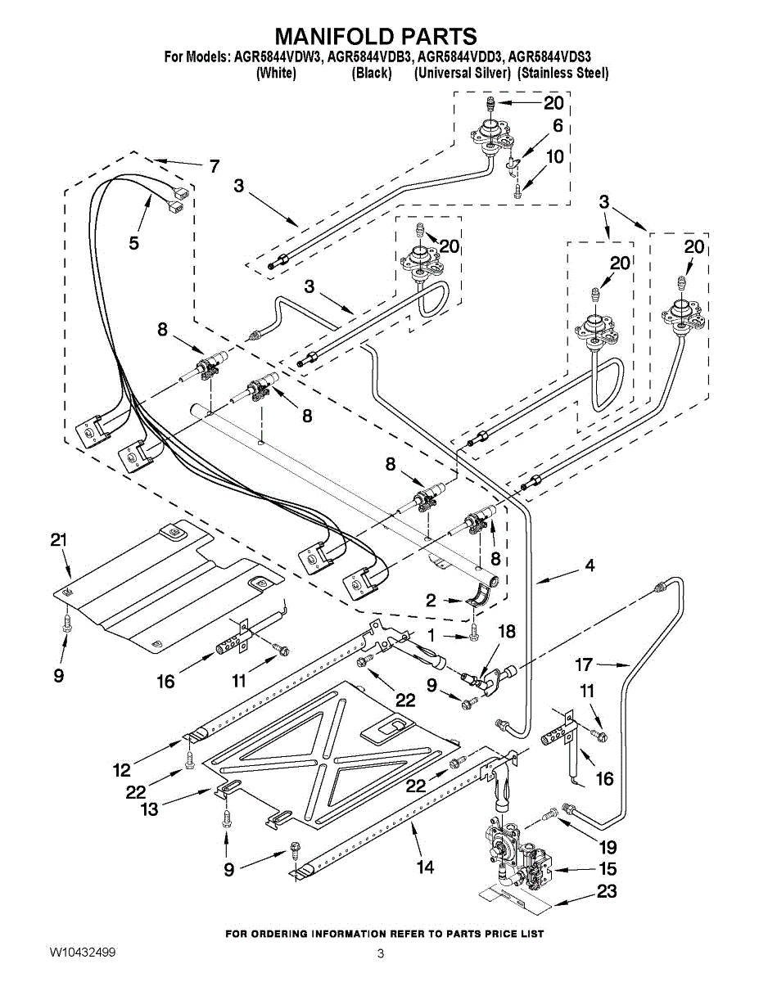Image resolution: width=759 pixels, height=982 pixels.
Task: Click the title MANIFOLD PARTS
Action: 375,36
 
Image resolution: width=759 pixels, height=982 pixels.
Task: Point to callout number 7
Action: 214,167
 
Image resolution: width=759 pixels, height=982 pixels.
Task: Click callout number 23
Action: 606,891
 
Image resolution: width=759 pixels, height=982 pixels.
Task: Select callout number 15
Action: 606,869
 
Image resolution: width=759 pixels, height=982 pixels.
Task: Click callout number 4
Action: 589,565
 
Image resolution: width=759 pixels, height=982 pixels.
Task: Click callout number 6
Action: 558,126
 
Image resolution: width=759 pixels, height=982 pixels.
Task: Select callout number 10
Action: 555,156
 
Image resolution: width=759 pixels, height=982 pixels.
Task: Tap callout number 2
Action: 431,600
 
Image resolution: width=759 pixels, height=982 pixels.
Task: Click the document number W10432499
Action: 82,953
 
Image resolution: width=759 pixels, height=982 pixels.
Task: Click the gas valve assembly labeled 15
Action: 518,859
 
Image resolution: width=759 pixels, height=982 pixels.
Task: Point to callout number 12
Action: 121,769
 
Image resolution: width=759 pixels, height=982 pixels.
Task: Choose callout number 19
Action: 608,848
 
